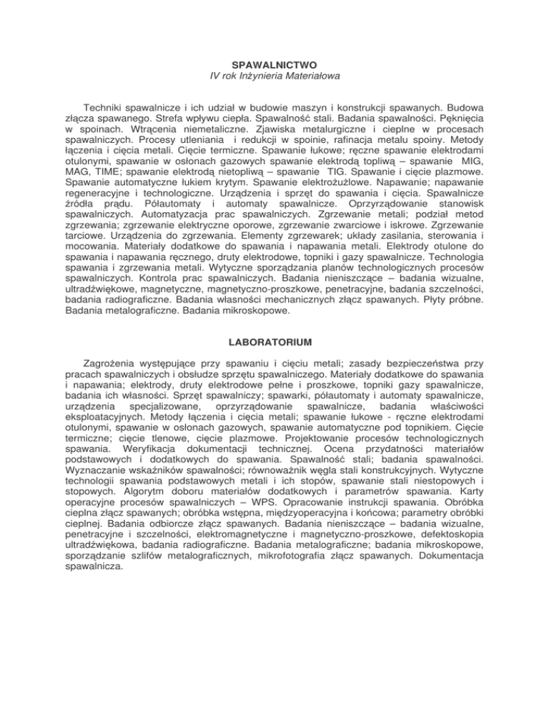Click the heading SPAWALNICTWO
[x=274, y=64]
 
